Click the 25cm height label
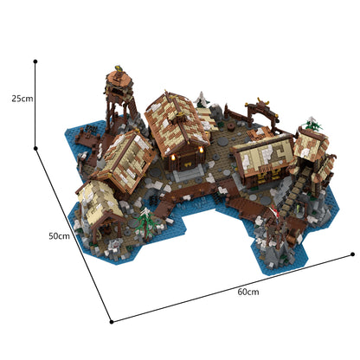(22, 99)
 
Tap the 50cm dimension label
(59, 236)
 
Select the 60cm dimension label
(247, 292)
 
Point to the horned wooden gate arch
(260, 109)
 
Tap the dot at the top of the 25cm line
(35, 61)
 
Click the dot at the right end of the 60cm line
(354, 254)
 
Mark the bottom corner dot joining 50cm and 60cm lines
(111, 322)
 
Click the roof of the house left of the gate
(261, 152)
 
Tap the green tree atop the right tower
(313, 125)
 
